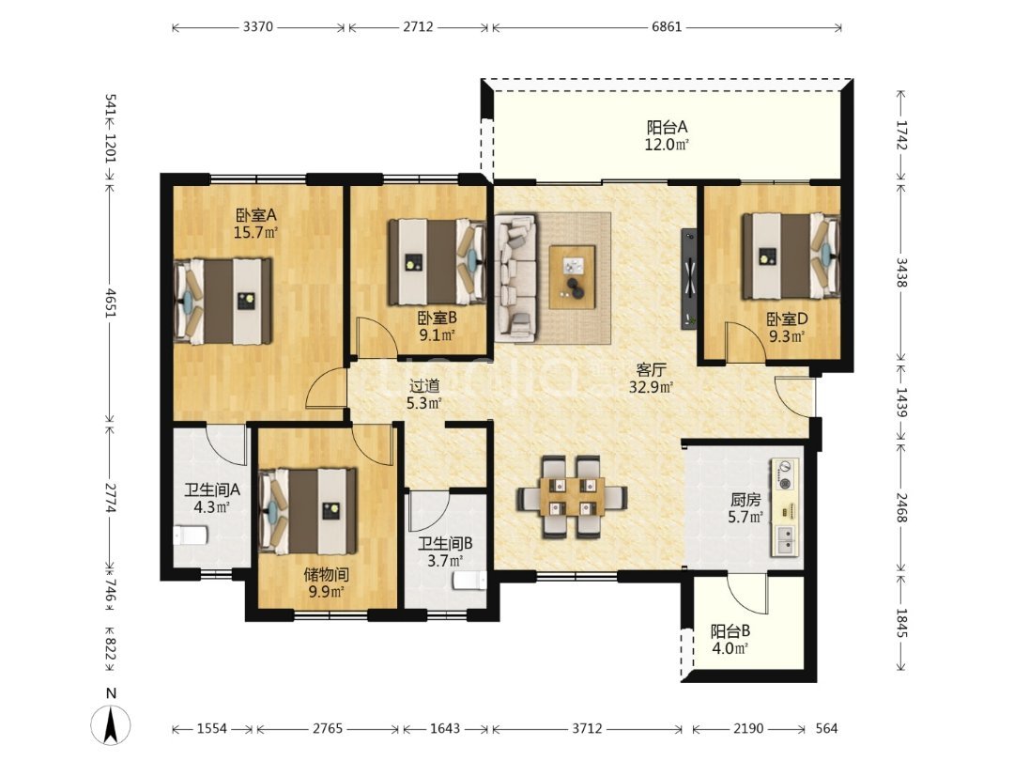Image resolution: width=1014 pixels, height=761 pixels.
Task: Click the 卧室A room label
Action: [x=256, y=215]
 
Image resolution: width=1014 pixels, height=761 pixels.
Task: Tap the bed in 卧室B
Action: [x=438, y=262]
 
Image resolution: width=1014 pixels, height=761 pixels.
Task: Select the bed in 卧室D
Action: [x=791, y=256]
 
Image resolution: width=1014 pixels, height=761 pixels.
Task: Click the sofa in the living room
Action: [x=516, y=278]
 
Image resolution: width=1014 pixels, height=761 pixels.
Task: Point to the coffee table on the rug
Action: [x=573, y=277]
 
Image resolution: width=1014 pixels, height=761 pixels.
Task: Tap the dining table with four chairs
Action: [x=572, y=497]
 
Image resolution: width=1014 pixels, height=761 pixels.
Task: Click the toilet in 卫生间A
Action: [x=190, y=536]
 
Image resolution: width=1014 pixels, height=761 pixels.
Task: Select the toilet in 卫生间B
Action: [x=470, y=581]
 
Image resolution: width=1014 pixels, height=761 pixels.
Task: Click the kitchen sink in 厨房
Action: [x=785, y=541]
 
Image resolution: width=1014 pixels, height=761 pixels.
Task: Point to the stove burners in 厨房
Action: [x=785, y=474]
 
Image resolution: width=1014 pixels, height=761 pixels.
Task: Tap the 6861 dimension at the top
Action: [x=667, y=27]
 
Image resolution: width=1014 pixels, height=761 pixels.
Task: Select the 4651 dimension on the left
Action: [x=111, y=303]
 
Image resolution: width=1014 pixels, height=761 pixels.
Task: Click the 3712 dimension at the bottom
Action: [x=587, y=729]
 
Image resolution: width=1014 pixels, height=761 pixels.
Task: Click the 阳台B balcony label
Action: [x=730, y=631]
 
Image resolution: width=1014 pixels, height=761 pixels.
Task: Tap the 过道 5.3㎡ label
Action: [x=424, y=395]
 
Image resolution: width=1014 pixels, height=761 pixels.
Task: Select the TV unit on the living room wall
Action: [x=689, y=279]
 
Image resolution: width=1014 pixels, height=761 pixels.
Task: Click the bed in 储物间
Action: [x=308, y=511]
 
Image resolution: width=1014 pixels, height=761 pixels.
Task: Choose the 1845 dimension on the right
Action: [x=901, y=623]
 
